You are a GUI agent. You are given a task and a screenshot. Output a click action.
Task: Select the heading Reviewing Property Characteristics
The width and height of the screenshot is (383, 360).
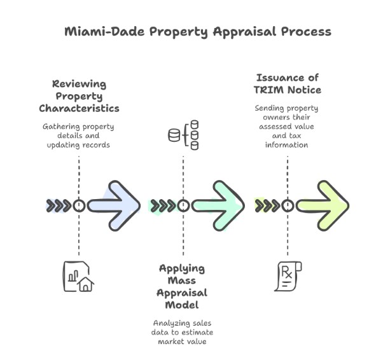[79, 96]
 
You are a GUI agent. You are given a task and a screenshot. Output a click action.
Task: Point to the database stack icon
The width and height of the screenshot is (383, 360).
[183, 135]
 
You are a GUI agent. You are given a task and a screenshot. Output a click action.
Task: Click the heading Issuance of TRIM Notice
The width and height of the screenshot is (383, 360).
[287, 84]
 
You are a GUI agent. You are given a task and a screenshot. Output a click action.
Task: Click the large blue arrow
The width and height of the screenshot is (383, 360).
[115, 205]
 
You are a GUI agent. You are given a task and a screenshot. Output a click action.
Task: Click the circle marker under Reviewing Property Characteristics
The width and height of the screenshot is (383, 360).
[79, 205]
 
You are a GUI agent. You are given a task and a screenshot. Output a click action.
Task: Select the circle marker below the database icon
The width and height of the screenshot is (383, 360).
[183, 205]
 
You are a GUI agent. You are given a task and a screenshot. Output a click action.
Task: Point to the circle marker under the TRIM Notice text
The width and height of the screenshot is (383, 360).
[287, 205]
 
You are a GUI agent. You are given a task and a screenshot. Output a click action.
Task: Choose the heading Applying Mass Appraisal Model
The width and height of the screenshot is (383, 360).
[183, 286]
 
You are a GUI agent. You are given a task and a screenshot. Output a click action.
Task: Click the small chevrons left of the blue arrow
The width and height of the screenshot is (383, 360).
[59, 205]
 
